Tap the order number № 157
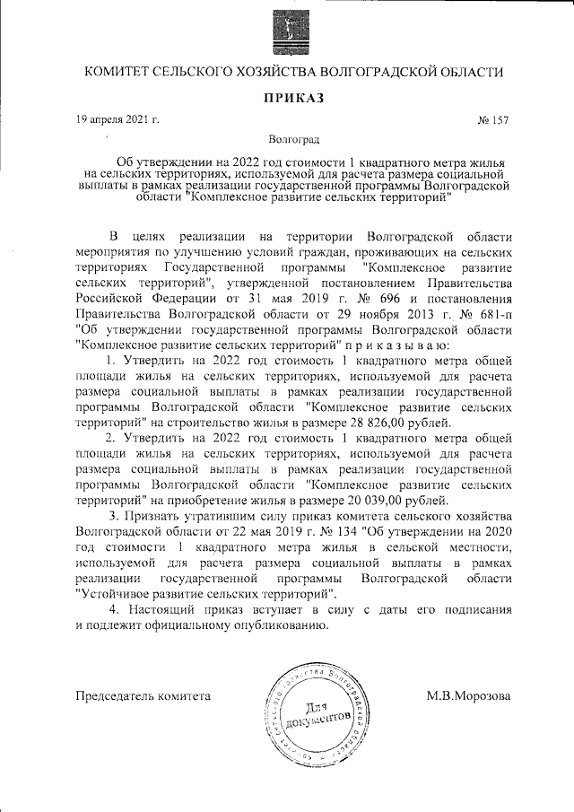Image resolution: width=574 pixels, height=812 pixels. pos(494,119)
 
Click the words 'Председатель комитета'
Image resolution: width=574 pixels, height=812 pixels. pos(144,695)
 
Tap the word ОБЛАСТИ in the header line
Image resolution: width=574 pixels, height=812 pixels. pos(465,73)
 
